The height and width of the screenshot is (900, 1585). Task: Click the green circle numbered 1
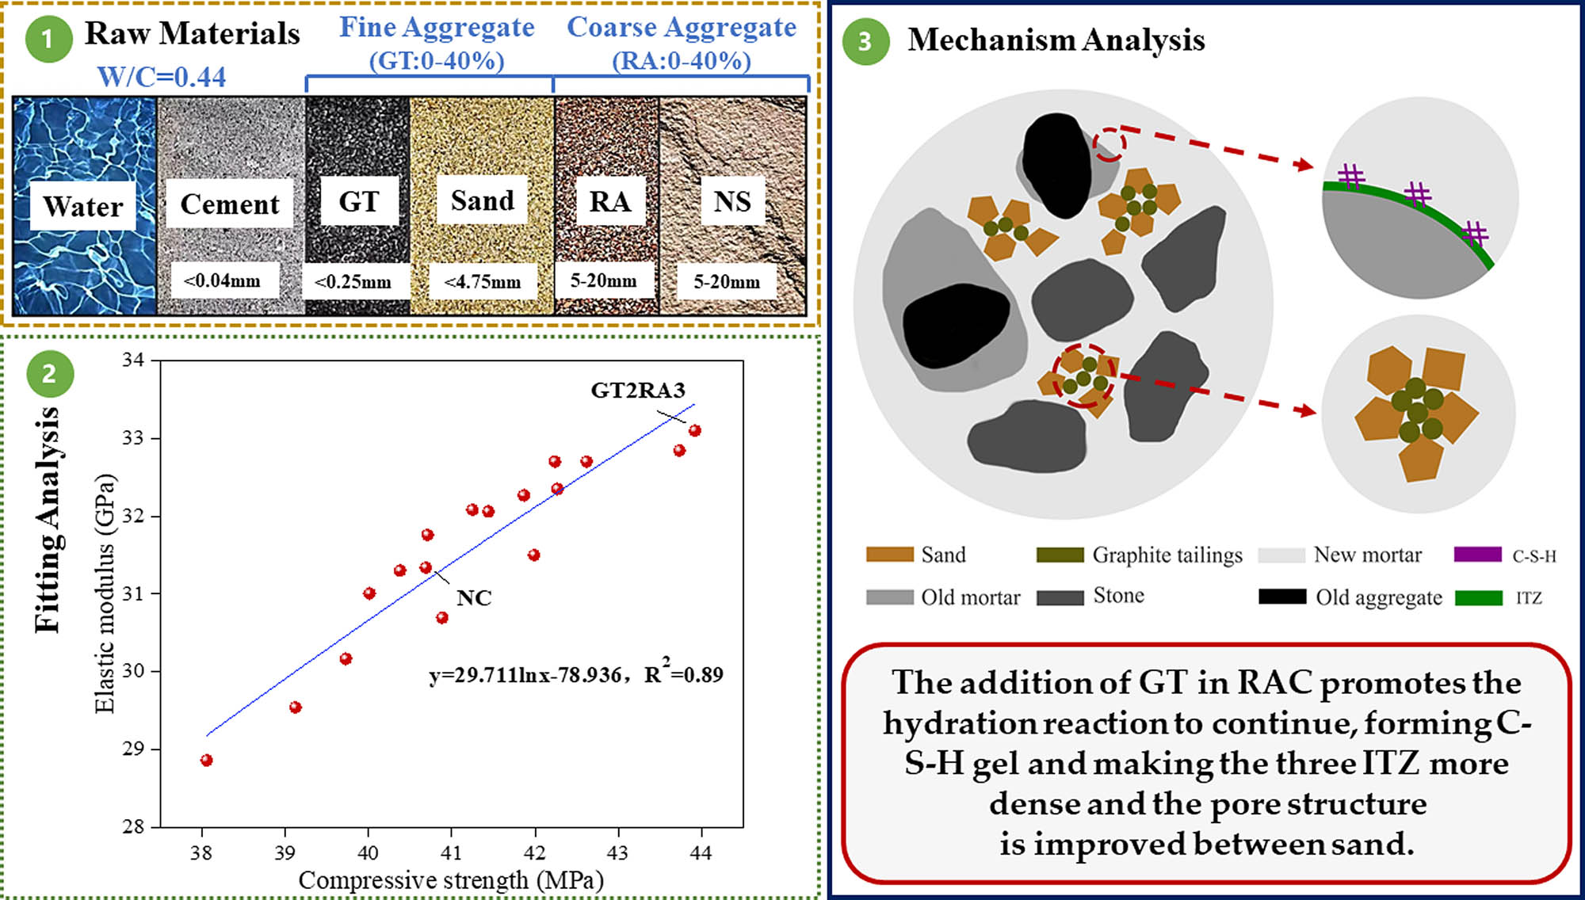pyautogui.click(x=48, y=38)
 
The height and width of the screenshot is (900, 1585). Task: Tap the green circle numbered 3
pyautogui.click(x=865, y=40)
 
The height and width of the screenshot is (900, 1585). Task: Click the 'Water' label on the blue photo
pyautogui.click(x=82, y=206)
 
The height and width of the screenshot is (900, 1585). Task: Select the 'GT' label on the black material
pyautogui.click(x=358, y=201)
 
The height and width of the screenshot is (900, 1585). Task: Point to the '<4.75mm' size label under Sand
pyautogui.click(x=482, y=281)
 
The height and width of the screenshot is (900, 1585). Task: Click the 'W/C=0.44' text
pyautogui.click(x=161, y=77)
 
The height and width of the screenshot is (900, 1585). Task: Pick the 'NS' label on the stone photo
pyautogui.click(x=731, y=201)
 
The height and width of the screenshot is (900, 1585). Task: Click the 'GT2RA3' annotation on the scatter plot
pyautogui.click(x=637, y=390)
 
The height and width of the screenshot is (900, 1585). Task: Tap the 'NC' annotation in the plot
pyautogui.click(x=473, y=597)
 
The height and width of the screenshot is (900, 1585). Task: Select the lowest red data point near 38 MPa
pyautogui.click(x=207, y=760)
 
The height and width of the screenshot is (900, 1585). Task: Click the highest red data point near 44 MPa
pyautogui.click(x=695, y=430)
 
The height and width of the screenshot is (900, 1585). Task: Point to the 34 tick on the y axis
pyautogui.click(x=133, y=360)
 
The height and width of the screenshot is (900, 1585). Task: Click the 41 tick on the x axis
pyautogui.click(x=451, y=852)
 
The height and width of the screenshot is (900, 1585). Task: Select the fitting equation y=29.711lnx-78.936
pyautogui.click(x=525, y=675)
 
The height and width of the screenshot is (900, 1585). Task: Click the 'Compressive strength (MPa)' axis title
pyautogui.click(x=450, y=879)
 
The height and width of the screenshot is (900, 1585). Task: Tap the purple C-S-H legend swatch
pyautogui.click(x=1477, y=555)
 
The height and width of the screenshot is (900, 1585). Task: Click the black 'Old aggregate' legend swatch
pyautogui.click(x=1281, y=597)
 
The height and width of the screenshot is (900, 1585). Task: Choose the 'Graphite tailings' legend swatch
pyautogui.click(x=1060, y=555)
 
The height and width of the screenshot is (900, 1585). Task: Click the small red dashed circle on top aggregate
pyautogui.click(x=1109, y=144)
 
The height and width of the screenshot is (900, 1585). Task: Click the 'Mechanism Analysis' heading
pyautogui.click(x=1056, y=40)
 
